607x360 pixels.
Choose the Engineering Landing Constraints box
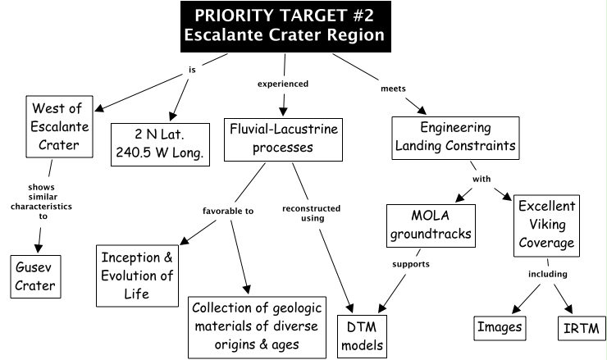pyautogui.click(x=455, y=136)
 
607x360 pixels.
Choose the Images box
pyautogui.click(x=500, y=329)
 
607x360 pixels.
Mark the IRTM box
pyautogui.click(x=581, y=329)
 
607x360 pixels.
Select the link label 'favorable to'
pyautogui.click(x=227, y=211)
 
